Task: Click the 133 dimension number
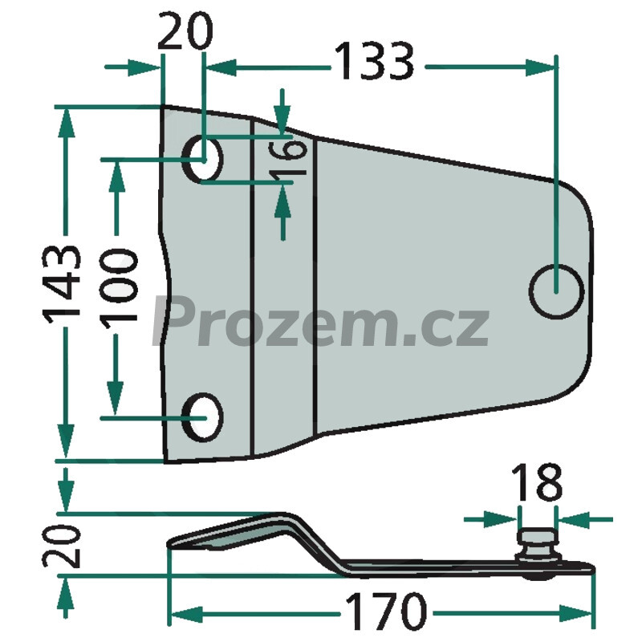tap(374, 61)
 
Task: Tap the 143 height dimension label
tap(63, 284)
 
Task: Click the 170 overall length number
tap(386, 612)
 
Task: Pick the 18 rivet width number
tap(537, 483)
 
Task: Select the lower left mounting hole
tap(204, 417)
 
